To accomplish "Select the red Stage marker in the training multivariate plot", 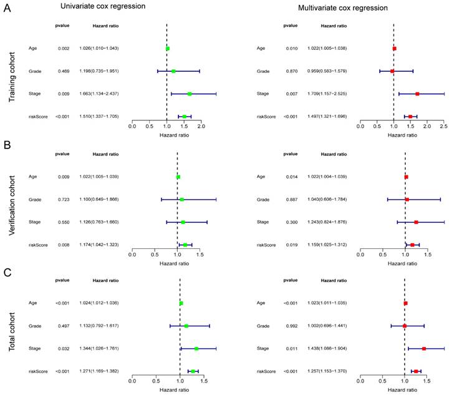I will [417, 94].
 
